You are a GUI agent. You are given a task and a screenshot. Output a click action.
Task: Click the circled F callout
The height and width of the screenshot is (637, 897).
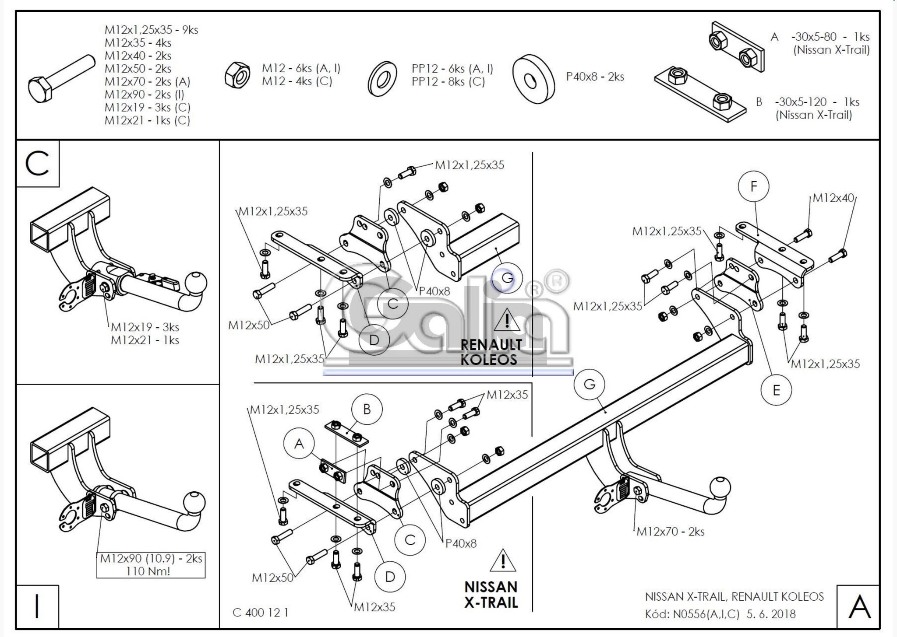(x=753, y=187)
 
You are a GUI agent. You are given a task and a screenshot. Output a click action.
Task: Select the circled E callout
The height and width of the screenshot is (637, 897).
(x=776, y=390)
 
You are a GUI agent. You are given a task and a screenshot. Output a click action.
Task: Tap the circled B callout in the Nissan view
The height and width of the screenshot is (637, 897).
(x=367, y=409)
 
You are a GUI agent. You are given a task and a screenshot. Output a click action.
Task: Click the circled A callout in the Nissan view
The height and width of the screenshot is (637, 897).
(x=299, y=444)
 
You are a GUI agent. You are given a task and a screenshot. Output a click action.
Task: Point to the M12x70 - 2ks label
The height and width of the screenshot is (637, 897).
(x=670, y=532)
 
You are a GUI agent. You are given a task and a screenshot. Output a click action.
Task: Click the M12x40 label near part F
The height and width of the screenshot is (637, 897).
(x=833, y=198)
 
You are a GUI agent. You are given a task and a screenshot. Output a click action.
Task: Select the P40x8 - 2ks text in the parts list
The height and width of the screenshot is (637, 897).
(x=595, y=77)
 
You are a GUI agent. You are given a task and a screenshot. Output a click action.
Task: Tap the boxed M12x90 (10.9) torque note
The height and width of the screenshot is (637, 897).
(x=151, y=565)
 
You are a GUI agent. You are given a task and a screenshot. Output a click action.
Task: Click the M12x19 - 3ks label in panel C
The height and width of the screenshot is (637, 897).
(x=145, y=327)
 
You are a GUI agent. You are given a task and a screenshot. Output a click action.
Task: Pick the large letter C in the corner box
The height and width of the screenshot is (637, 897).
(x=37, y=164)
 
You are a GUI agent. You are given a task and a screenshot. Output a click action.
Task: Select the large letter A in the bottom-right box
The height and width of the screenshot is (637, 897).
(x=859, y=607)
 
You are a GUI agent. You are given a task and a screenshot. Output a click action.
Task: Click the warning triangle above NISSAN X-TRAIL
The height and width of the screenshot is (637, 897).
(x=503, y=561)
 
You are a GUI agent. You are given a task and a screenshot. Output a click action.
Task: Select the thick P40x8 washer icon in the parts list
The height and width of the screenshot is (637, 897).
(x=533, y=78)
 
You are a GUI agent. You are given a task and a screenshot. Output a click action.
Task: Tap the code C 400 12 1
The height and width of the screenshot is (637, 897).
(x=261, y=612)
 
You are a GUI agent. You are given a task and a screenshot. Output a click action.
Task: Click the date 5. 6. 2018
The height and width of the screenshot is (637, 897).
(x=771, y=614)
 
